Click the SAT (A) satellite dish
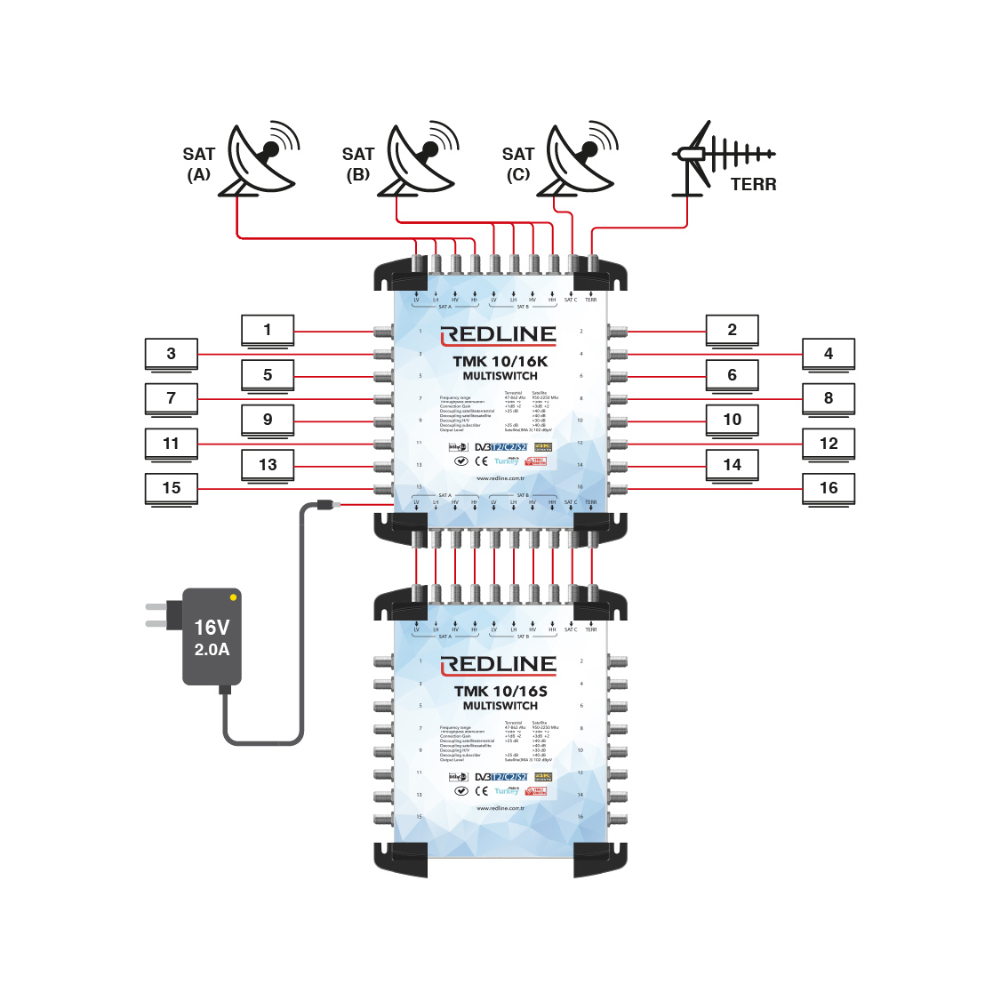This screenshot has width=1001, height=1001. coord(260,161)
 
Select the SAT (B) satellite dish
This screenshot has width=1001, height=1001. coord(419,161)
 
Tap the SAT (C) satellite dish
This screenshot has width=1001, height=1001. coord(579,161)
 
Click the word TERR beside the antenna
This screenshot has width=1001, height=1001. coord(753,185)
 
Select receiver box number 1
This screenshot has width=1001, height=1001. coord(268,330)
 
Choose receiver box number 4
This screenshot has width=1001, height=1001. coord(829,354)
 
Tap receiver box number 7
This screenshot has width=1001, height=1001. coord(172,398)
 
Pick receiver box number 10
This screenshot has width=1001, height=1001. coord(732,420)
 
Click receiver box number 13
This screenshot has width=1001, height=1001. coord(268,465)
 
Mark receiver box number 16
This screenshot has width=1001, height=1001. coord(829,488)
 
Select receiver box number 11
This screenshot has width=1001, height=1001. coord(172,444)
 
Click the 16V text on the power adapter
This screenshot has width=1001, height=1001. coord(212,628)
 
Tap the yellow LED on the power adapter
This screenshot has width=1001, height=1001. coord(233,597)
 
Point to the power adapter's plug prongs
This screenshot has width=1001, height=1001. coord(156,615)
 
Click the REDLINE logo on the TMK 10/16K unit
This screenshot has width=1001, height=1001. coord(499,335)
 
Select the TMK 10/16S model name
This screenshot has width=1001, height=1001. coord(500,691)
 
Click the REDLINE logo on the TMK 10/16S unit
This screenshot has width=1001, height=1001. coord(499,665)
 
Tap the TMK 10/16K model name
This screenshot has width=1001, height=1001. coord(500,361)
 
